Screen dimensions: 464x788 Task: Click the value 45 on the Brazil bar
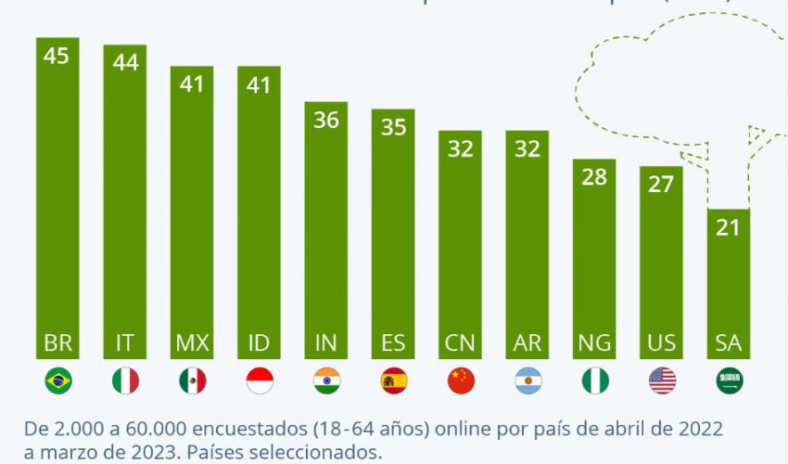pyautogui.click(x=57, y=56)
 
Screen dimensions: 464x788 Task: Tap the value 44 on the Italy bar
pyautogui.click(x=125, y=62)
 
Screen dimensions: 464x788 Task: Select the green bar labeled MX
pyautogui.click(x=192, y=213)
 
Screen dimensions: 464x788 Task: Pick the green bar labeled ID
pyautogui.click(x=259, y=213)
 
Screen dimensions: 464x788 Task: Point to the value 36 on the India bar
pyautogui.click(x=326, y=120)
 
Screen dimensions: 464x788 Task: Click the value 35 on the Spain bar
pyautogui.click(x=393, y=126)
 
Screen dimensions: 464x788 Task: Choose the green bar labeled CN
pyautogui.click(x=460, y=241)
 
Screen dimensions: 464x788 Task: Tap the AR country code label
pyautogui.click(x=527, y=342)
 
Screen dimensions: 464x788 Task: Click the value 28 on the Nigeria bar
pyautogui.click(x=594, y=176)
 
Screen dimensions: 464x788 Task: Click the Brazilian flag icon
pyautogui.click(x=57, y=380)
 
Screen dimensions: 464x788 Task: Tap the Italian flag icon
pyautogui.click(x=125, y=380)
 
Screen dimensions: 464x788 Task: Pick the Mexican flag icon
pyautogui.click(x=192, y=380)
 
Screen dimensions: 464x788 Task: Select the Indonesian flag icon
pyautogui.click(x=259, y=380)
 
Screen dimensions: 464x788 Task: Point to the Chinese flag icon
pyautogui.click(x=460, y=380)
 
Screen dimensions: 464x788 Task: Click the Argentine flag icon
pyautogui.click(x=527, y=380)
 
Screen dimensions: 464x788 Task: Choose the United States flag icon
pyautogui.click(x=661, y=380)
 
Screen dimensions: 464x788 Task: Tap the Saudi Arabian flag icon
pyautogui.click(x=728, y=380)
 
